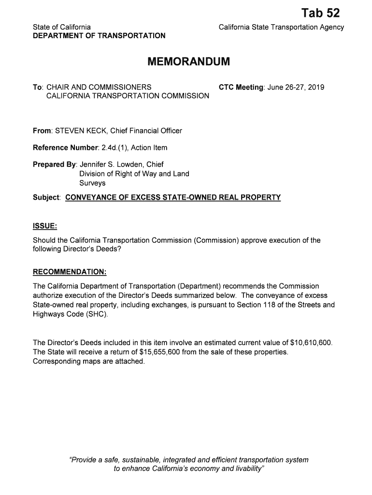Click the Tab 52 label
click(x=320, y=13)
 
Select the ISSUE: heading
click(x=45, y=226)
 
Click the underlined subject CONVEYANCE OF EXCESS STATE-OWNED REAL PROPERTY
click(x=172, y=197)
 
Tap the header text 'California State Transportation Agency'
click(x=281, y=28)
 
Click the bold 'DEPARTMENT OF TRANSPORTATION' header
click(x=99, y=36)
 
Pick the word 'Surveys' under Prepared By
click(x=92, y=183)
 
